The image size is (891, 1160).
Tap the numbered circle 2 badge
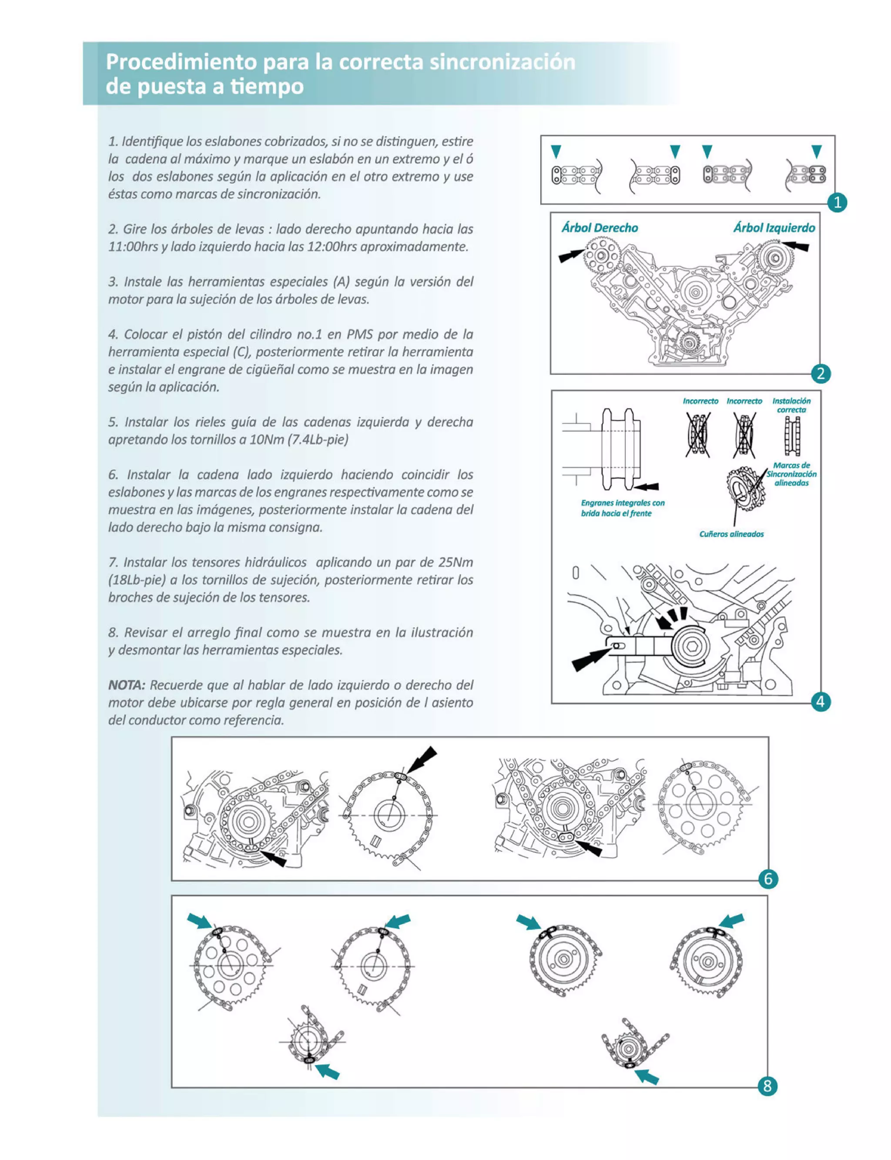click(x=821, y=373)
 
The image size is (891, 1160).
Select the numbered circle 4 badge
click(x=821, y=702)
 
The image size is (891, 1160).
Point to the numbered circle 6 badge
click(x=768, y=879)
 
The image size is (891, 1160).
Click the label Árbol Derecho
click(x=600, y=228)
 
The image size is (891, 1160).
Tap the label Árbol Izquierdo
click(x=774, y=228)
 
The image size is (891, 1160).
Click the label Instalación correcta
click(x=791, y=405)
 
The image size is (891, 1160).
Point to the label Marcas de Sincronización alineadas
click(x=791, y=474)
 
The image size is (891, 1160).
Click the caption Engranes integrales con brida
click(x=623, y=508)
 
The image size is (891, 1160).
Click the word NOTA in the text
click(x=126, y=685)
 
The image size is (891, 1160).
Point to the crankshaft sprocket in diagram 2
click(x=688, y=342)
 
